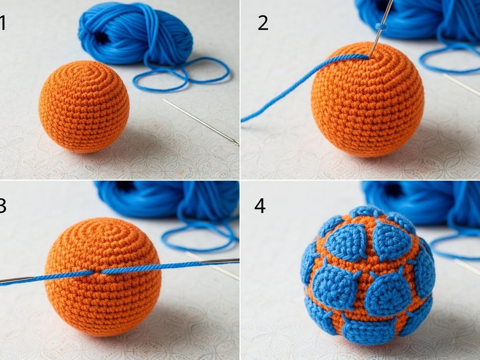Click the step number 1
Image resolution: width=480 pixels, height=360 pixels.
(x=2, y=23)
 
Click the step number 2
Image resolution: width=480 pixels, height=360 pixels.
(x=263, y=23)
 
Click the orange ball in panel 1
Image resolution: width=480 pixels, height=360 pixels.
(x=84, y=106)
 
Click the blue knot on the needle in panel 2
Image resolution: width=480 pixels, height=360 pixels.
(x=382, y=27)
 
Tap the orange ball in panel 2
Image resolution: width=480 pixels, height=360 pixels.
(x=368, y=100)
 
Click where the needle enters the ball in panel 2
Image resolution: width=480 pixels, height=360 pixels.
(x=370, y=56)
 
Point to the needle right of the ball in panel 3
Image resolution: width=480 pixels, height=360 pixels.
(x=219, y=261)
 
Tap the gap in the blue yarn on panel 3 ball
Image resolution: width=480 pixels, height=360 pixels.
(x=97, y=272)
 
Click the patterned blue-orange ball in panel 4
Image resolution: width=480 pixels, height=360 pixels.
(x=368, y=275)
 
